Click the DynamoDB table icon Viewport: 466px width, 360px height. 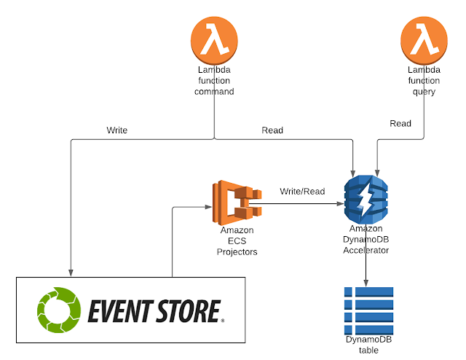click(x=368, y=310)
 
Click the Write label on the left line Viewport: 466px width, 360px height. click(x=117, y=130)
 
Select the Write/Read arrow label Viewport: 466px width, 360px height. click(x=302, y=192)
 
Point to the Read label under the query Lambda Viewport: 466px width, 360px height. click(x=400, y=124)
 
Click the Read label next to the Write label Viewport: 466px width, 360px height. click(x=272, y=130)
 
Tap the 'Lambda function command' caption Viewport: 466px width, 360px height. click(x=216, y=81)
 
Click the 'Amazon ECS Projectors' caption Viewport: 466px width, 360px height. click(x=237, y=241)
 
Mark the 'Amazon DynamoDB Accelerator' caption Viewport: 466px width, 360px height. click(x=366, y=239)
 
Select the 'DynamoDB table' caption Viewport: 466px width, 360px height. click(x=368, y=345)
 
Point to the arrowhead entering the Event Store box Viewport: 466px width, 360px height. click(x=71, y=272)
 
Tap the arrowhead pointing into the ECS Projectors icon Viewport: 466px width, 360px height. click(x=208, y=208)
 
